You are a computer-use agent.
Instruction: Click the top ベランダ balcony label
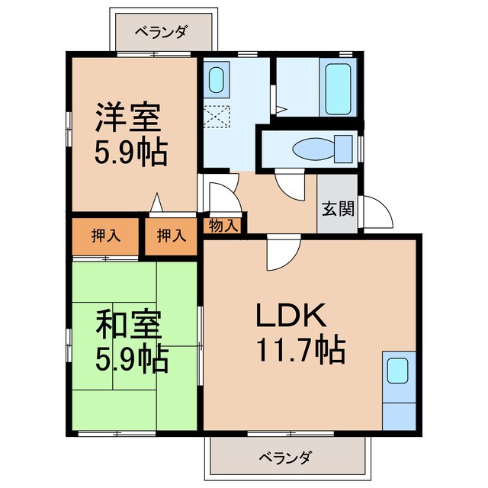[x=162, y=32]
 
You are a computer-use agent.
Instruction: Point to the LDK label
[x=291, y=316]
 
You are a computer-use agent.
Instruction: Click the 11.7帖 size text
[x=301, y=350]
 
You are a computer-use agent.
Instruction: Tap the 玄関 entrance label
[x=337, y=207]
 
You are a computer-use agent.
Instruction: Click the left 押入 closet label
[x=106, y=236]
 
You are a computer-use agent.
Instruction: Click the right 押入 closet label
[x=172, y=236]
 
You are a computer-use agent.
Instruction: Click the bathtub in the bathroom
[x=338, y=88]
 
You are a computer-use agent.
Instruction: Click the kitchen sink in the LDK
[x=397, y=371]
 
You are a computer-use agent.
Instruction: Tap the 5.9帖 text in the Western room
[x=132, y=153]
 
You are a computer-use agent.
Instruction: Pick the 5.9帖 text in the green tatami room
[x=132, y=359]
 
